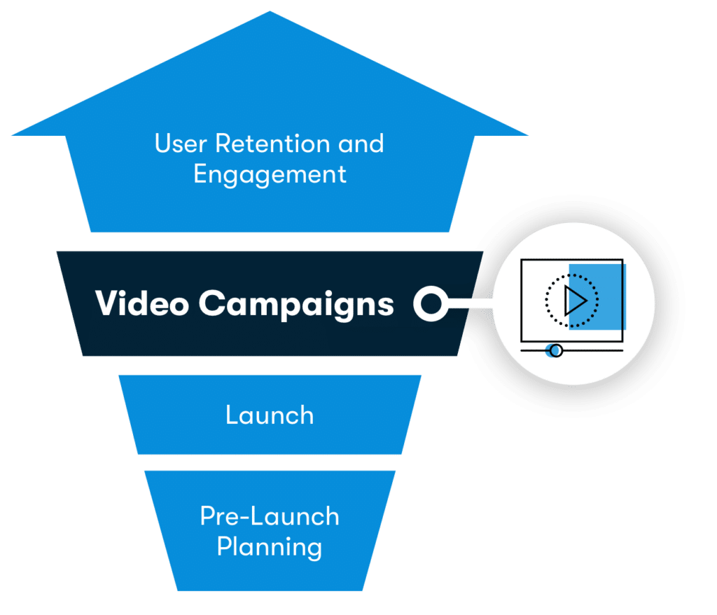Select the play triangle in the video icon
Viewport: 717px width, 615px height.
pyautogui.click(x=576, y=300)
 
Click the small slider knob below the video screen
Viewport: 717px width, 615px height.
pyautogui.click(x=555, y=350)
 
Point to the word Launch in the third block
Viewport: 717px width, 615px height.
pyautogui.click(x=270, y=415)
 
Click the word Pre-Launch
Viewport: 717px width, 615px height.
pyautogui.click(x=270, y=516)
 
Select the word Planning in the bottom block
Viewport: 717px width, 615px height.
pyautogui.click(x=270, y=546)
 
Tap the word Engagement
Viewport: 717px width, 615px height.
pyautogui.click(x=270, y=174)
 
